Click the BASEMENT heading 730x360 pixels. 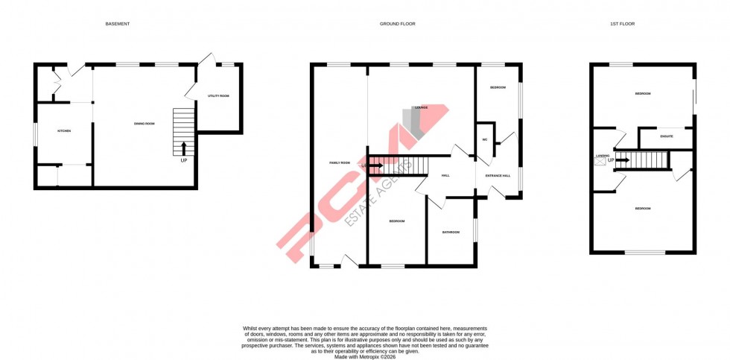coord(118,24)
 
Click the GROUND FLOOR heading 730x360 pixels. coord(398,24)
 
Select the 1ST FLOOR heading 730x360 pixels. coord(622,24)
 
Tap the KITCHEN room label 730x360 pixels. coord(64,131)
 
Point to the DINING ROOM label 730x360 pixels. coord(145,123)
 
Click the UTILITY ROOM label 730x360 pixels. coord(218,96)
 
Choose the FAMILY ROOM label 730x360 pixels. coord(340,162)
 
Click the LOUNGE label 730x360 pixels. coord(422,107)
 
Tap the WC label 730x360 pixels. coord(485,139)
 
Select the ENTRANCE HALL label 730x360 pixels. coord(498,176)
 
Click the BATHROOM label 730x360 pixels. coord(451,232)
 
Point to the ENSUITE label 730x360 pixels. coord(666,136)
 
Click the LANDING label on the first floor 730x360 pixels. coord(603,155)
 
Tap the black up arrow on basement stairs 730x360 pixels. coord(184,147)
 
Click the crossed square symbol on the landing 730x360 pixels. coord(600,160)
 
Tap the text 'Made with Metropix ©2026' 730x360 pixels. coord(365,357)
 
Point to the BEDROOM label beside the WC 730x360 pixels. coord(498,88)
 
